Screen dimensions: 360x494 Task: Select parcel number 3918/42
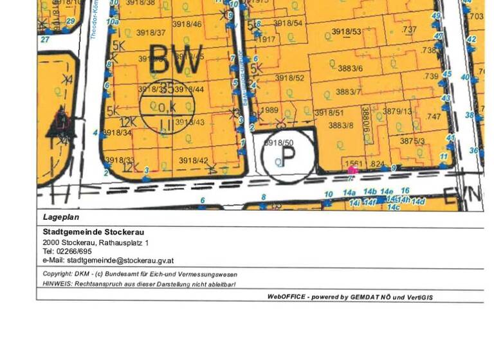[193, 161]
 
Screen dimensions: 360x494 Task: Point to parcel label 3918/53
[346, 32]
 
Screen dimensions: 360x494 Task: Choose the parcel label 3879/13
[397, 112]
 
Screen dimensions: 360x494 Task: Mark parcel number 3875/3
[412, 141]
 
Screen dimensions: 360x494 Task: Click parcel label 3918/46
[187, 24]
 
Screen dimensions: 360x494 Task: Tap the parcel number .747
[434, 117]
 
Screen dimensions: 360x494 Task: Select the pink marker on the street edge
[352, 170]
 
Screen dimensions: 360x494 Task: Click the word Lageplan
[61, 217]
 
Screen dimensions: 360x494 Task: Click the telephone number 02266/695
[75, 251]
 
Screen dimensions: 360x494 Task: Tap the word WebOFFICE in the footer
[286, 297]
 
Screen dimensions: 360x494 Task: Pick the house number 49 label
[436, 16]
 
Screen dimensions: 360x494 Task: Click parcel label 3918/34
[117, 133]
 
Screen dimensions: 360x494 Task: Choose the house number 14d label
[419, 202]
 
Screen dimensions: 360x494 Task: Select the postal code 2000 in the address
[50, 242]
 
